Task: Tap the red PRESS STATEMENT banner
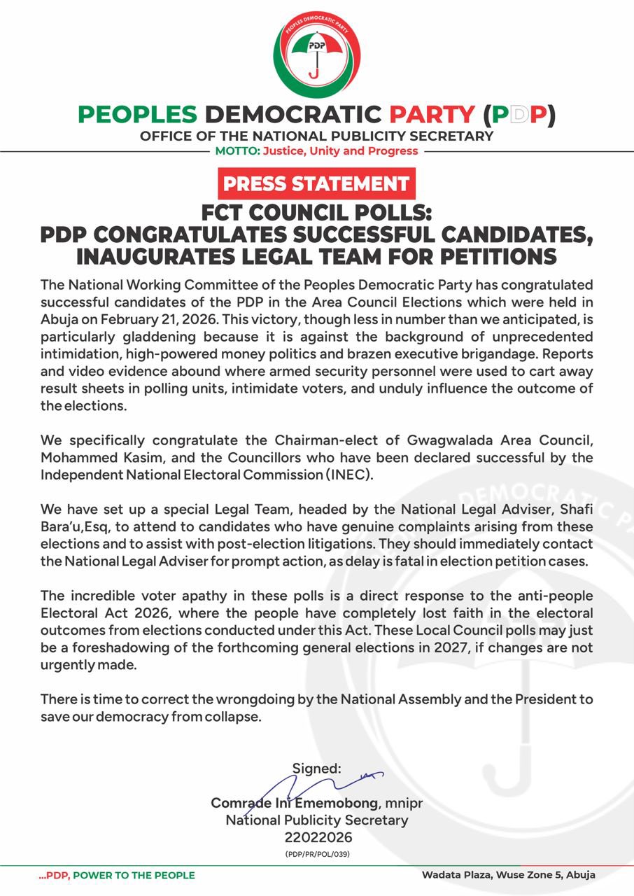(x=316, y=184)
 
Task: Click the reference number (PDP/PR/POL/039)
(x=317, y=855)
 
